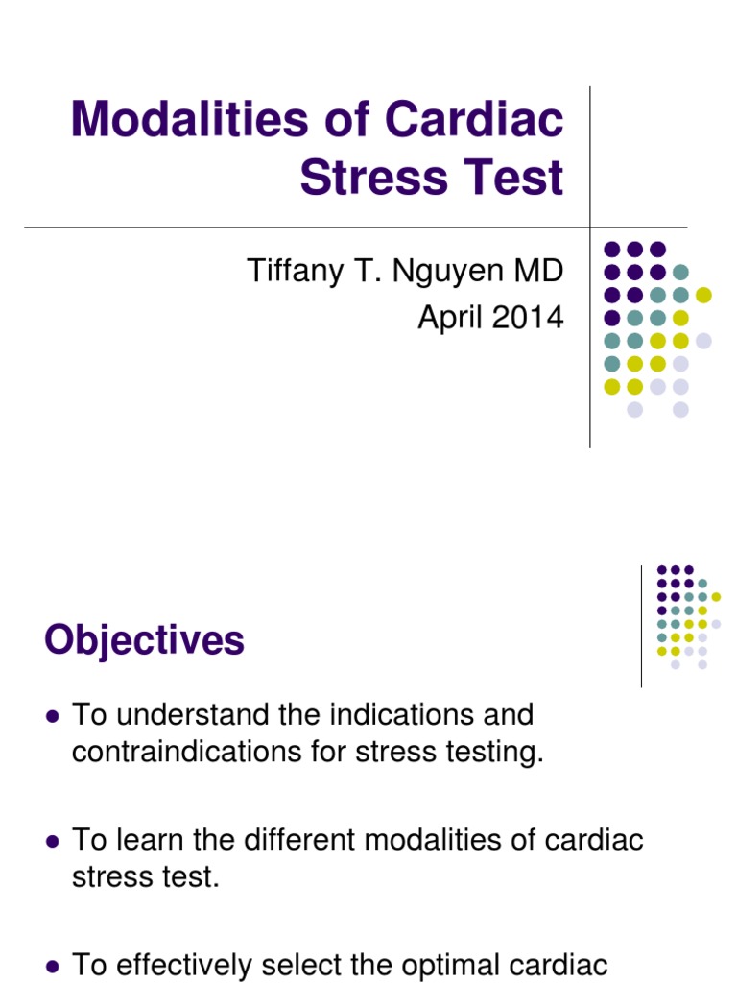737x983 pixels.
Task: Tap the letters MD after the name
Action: pos(538,271)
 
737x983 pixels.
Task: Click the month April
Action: pos(448,317)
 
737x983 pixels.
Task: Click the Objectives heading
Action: pos(144,640)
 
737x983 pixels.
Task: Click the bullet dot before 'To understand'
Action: pos(53,716)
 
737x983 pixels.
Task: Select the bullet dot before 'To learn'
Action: pos(53,841)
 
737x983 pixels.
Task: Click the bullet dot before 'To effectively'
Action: pos(53,966)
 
